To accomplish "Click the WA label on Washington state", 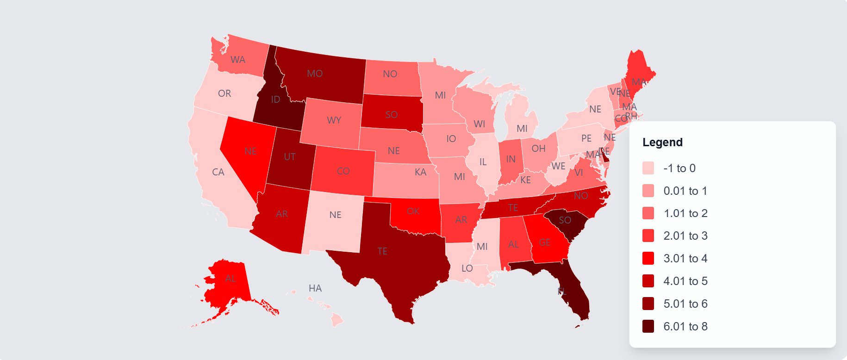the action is click(x=238, y=60).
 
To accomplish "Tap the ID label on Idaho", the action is click(x=275, y=99).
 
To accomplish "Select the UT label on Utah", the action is click(x=290, y=157).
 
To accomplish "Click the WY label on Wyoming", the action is click(x=334, y=120).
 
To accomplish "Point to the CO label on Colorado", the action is click(x=343, y=171).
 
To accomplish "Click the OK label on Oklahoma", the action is click(x=413, y=211).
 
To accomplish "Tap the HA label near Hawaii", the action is click(x=315, y=288).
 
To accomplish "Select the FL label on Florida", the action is click(x=562, y=291).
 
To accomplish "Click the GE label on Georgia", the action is click(x=545, y=242).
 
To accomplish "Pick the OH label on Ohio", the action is click(x=538, y=149).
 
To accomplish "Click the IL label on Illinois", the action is click(x=483, y=162).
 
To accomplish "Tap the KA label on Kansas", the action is click(x=420, y=172).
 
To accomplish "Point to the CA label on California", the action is click(x=218, y=172).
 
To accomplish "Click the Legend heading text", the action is click(x=662, y=142).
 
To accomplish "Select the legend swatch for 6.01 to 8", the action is click(x=648, y=326).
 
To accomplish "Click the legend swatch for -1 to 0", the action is click(x=648, y=168).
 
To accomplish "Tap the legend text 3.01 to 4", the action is click(x=685, y=258).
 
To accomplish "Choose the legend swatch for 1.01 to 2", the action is click(x=648, y=213).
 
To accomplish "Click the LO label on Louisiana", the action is click(x=467, y=268).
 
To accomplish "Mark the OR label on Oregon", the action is click(x=224, y=93).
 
